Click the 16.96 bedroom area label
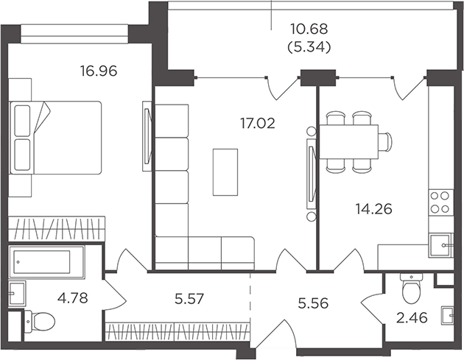(99, 71)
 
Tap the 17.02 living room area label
(258, 123)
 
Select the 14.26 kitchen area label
(373, 209)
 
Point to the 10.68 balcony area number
(309, 29)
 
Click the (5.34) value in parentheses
(309, 47)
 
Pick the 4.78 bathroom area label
(73, 298)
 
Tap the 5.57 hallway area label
(189, 299)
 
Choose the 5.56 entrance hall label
(313, 303)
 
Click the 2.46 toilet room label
(412, 318)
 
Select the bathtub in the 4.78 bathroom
(46, 262)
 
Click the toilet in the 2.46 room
(411, 288)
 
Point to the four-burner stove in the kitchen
(440, 202)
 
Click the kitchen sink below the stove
(440, 245)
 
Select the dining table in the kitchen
(349, 142)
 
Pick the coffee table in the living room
(225, 172)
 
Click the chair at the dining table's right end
(385, 142)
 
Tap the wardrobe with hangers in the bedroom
(57, 228)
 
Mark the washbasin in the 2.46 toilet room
(447, 316)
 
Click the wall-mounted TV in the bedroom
(147, 135)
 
